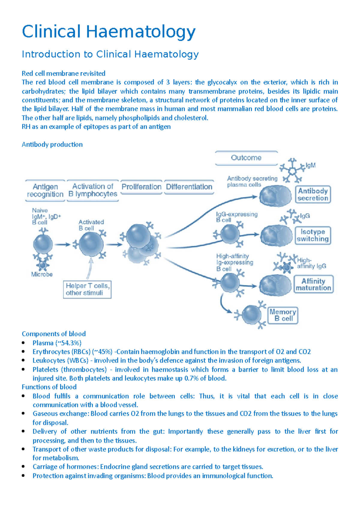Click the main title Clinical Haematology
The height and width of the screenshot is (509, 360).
(x=109, y=32)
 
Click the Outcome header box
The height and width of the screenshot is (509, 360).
(x=246, y=158)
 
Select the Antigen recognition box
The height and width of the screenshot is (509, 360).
(x=45, y=190)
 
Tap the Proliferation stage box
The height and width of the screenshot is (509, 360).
(x=141, y=187)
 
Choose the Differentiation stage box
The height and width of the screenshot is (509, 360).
(x=189, y=187)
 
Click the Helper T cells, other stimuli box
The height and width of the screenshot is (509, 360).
(x=87, y=289)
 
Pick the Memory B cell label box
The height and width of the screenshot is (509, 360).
(x=283, y=315)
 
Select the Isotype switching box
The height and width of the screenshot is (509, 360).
(x=313, y=235)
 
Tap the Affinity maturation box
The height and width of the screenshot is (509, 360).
(x=313, y=284)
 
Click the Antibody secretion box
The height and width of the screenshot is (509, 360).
(x=313, y=194)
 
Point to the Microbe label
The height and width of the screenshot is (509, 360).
(x=42, y=274)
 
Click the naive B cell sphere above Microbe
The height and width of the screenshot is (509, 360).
(x=43, y=244)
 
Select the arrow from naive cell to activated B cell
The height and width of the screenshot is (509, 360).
(x=63, y=245)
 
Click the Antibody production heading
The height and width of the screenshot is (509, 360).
(x=52, y=144)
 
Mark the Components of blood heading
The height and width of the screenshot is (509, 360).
(x=54, y=334)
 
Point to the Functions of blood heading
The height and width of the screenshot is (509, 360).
(x=49, y=387)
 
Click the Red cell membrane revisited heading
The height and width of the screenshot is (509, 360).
(x=64, y=73)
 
